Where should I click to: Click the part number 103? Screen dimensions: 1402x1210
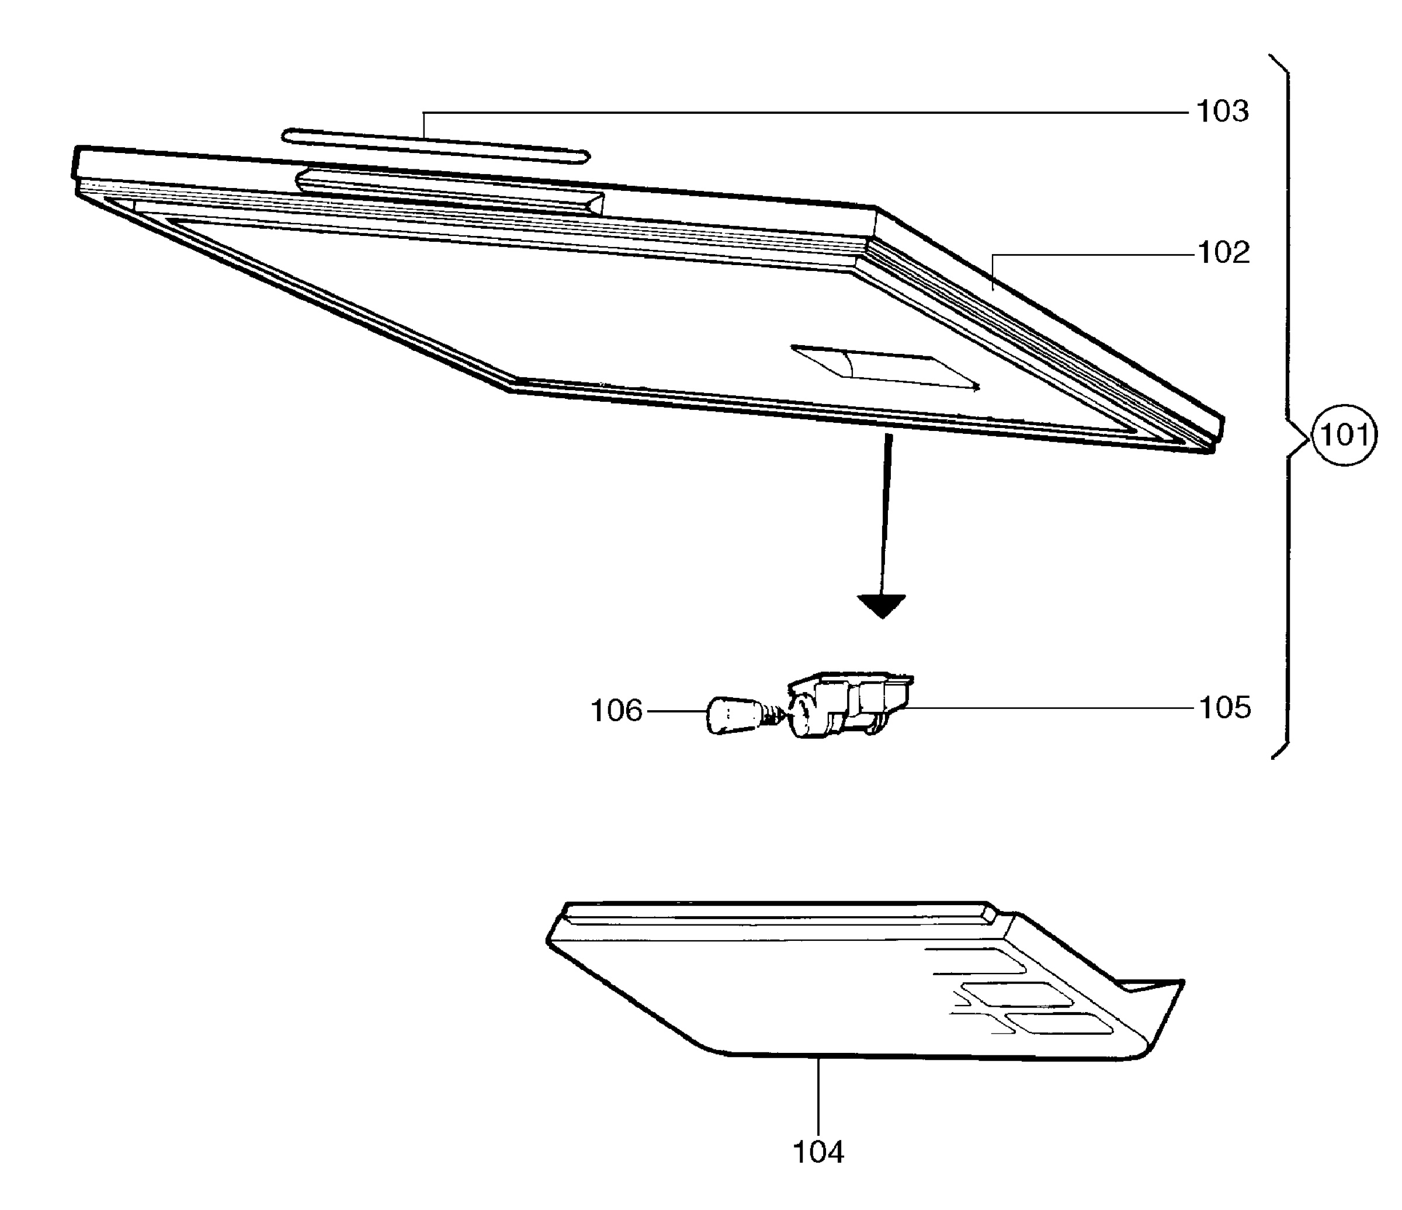tap(1223, 112)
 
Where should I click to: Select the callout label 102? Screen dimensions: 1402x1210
tap(1223, 253)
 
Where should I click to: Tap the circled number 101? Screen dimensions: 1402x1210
tap(1344, 435)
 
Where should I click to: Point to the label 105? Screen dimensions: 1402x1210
tap(1225, 708)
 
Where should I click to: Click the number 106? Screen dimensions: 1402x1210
tap(616, 711)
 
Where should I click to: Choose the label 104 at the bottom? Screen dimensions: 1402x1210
tap(818, 1153)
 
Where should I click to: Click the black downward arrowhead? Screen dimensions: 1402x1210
tap(881, 606)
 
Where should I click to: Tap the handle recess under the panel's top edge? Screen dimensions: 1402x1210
tap(450, 193)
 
